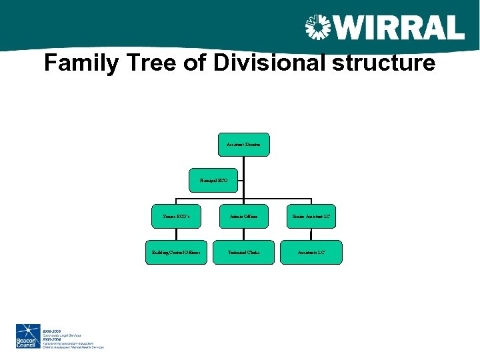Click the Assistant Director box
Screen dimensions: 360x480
pos(244,144)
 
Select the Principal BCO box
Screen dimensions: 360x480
pos(213,180)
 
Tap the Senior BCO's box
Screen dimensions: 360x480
pos(176,217)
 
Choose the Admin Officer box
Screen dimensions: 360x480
pos(244,217)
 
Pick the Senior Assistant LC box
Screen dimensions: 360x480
pos(311,217)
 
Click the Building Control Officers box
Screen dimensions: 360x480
pos(176,253)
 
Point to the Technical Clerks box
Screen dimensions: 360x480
pos(244,253)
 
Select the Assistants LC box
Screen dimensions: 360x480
pos(311,253)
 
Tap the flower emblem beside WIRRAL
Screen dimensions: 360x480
pos(318,28)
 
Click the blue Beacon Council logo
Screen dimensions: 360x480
pos(29,336)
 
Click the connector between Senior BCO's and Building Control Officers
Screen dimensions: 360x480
pos(176,235)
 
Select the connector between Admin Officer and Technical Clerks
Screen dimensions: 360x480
pos(244,235)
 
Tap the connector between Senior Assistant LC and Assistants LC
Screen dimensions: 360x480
pos(311,235)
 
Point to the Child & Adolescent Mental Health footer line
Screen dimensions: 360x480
pos(73,347)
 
